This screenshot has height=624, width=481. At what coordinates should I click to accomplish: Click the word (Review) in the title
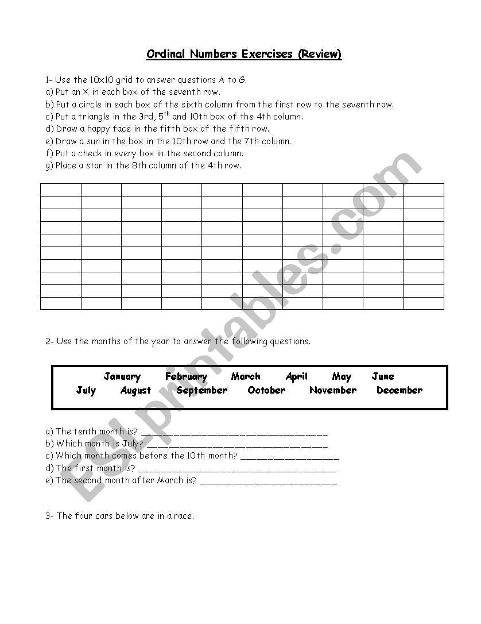(319, 55)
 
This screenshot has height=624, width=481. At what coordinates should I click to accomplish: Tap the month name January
(122, 377)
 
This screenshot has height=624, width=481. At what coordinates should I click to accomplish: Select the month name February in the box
(186, 377)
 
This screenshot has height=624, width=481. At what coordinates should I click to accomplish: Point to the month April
(296, 377)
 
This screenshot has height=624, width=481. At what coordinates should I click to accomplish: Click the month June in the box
(383, 377)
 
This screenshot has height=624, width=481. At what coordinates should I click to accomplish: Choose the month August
(135, 391)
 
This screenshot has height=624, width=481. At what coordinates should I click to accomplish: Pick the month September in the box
(202, 391)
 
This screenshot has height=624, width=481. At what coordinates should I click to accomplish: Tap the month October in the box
(266, 391)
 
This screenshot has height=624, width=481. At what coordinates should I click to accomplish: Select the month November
(333, 391)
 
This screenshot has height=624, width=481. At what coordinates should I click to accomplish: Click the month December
(399, 391)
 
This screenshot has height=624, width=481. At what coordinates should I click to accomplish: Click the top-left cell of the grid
(61, 190)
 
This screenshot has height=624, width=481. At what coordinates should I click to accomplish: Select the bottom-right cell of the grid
(424, 303)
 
